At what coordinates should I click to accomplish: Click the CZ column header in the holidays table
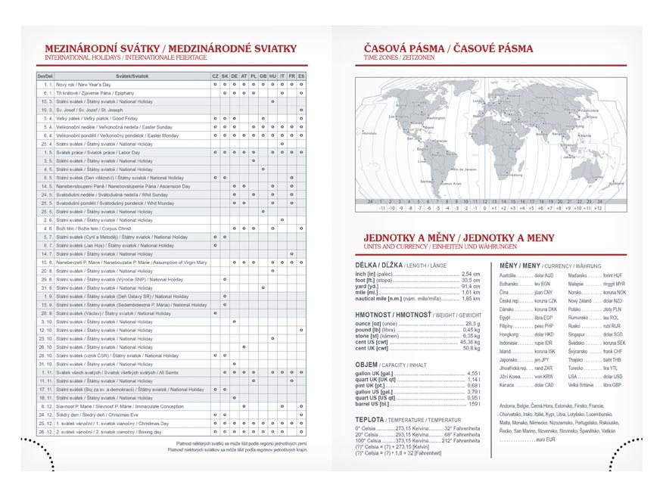point(215,76)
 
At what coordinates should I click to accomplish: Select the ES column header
point(301,76)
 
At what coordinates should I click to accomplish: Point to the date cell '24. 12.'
point(45,415)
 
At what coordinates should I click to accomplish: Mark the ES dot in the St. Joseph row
point(301,110)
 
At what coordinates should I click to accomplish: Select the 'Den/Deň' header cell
point(45,76)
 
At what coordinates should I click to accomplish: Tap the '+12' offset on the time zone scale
point(598,207)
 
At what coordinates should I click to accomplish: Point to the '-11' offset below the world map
point(382,207)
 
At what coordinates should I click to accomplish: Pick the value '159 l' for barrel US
point(475,404)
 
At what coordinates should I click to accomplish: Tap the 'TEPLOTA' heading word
point(369,419)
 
